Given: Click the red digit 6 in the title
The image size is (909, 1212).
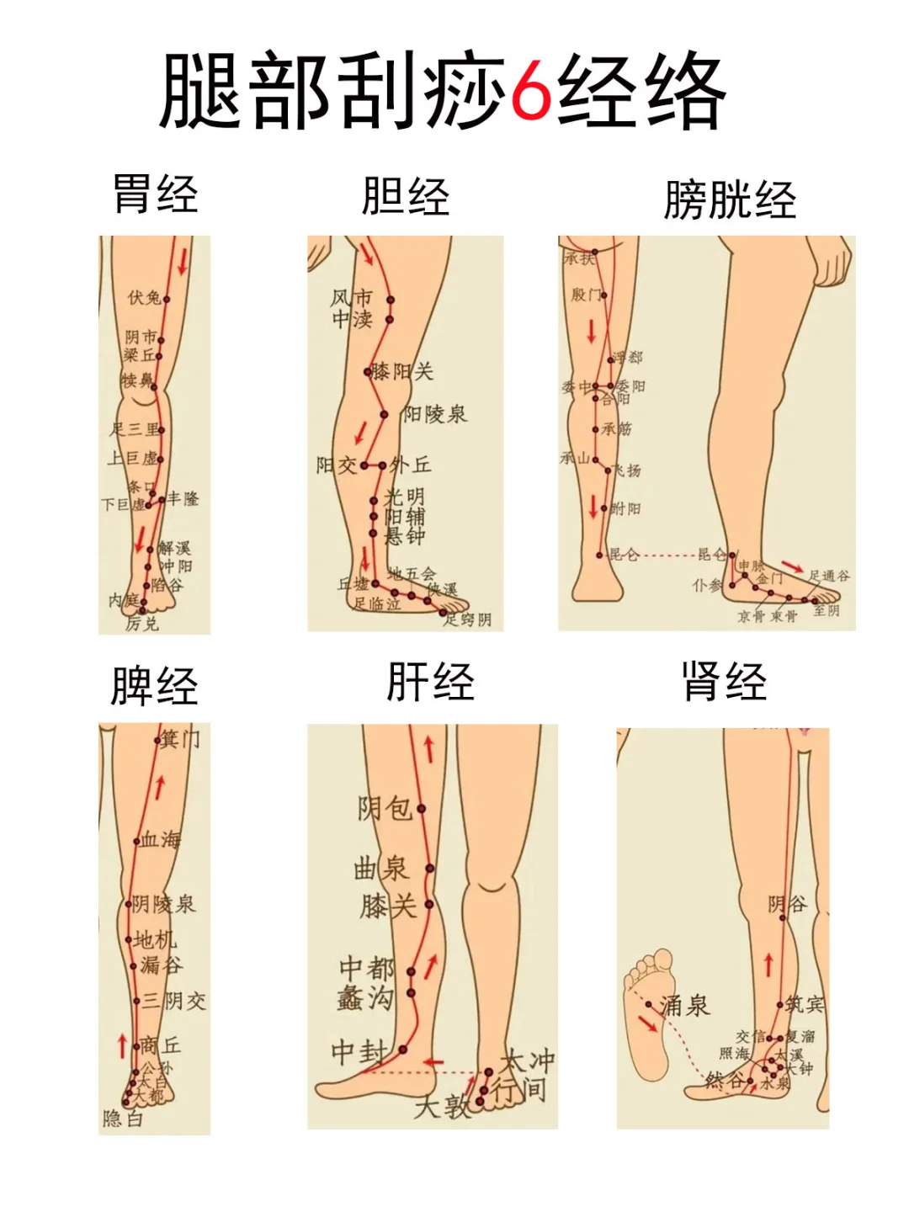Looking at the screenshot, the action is (530, 91).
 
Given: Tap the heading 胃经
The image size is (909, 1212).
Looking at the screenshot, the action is (156, 194).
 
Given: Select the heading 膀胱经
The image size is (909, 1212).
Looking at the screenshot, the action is (730, 200).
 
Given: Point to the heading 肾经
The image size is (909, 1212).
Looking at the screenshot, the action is (725, 682).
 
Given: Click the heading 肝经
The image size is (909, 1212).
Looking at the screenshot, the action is (430, 682).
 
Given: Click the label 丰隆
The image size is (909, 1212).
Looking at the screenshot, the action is (183, 498).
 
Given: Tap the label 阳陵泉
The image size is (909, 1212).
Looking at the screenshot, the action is (434, 413).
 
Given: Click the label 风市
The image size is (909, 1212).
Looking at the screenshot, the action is (351, 298).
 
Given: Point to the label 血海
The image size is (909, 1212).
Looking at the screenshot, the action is (161, 839).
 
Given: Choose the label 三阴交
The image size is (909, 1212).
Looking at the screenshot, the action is (174, 1001).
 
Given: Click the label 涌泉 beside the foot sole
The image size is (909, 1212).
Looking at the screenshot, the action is (684, 1005).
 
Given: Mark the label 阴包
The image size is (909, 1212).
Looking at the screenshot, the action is (385, 809).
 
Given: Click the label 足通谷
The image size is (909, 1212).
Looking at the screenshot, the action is (829, 576).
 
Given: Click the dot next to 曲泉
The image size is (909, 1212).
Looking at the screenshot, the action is (429, 868).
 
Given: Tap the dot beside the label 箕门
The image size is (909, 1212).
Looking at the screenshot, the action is (157, 741).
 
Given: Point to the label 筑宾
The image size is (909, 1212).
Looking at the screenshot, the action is (805, 1003).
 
